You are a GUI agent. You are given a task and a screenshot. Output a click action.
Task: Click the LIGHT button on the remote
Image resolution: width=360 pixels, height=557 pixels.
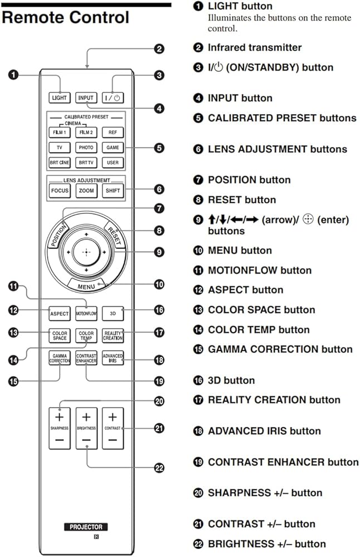coord(59,97)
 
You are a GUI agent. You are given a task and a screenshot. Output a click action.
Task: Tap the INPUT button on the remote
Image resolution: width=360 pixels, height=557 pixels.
coord(86,97)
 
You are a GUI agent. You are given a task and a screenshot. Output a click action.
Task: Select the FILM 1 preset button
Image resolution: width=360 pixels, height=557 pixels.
coord(59,133)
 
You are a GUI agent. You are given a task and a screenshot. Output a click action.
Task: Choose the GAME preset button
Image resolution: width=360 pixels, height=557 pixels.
coord(113,148)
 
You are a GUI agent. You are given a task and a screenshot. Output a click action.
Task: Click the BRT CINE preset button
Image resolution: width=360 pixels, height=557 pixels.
coord(59,163)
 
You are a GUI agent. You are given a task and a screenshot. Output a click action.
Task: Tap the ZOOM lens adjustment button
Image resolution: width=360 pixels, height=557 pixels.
coord(86,190)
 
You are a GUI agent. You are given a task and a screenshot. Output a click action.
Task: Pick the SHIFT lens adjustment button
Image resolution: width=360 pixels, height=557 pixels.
coord(113,190)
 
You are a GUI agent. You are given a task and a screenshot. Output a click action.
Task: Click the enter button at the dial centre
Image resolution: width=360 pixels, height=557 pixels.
coord(86,252)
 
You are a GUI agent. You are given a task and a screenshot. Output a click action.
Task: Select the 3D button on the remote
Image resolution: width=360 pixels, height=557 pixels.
coord(113,314)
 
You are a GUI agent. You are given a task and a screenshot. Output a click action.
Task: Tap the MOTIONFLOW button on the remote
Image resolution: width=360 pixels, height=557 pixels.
coord(86,314)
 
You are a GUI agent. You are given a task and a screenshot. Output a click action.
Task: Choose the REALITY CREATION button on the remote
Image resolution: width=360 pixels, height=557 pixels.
coord(113,335)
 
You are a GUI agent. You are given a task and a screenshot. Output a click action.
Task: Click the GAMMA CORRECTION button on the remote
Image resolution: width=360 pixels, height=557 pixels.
coord(59,358)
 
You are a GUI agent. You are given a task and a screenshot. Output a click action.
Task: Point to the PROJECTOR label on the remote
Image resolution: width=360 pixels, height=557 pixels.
coord(86,526)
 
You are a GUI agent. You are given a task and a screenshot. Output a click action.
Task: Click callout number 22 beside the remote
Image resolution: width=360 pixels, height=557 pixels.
coord(159,468)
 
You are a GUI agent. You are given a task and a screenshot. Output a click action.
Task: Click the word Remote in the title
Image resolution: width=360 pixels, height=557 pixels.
coord(31,17)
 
